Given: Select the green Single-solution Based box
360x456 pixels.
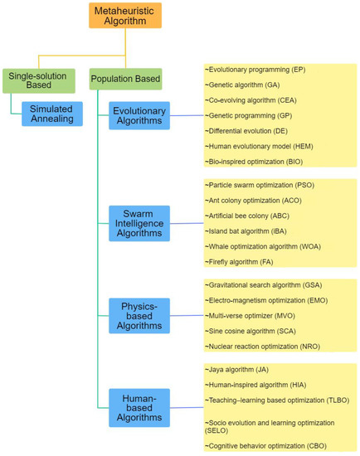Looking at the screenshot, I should coord(35,80).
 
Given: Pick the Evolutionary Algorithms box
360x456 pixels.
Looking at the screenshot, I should coord(139,116).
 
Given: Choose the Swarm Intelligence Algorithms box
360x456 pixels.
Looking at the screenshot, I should coord(139,224).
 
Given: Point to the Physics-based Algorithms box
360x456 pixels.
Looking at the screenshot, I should coord(139,315).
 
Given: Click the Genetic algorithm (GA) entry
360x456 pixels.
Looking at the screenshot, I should coord(249,84).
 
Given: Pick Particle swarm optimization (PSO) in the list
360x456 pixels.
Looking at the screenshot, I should coord(260,185).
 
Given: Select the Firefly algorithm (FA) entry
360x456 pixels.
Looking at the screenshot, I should coord(241,261).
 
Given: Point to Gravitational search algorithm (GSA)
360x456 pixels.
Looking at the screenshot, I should coord(265,284).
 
